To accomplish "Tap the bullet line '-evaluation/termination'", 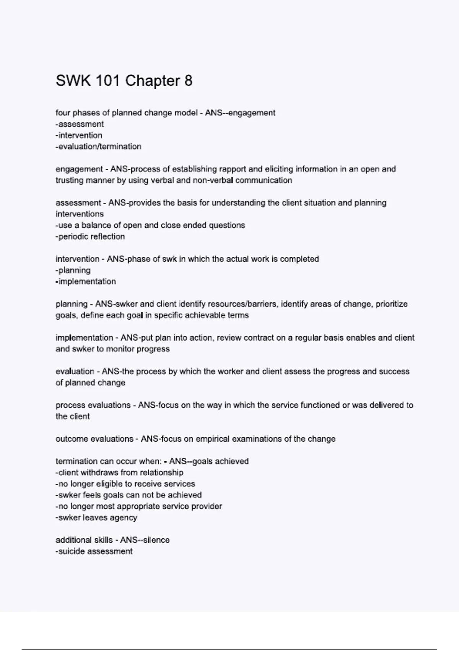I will coord(98,146).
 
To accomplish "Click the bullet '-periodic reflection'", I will coord(90,237).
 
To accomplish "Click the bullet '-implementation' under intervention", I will coord(86,281).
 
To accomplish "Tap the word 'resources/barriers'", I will coord(247,304).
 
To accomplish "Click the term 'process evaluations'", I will coord(93,405).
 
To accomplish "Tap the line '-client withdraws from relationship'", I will coord(119,473).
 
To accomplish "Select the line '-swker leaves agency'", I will coord(96,518).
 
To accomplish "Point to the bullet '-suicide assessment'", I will coord(94,551).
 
